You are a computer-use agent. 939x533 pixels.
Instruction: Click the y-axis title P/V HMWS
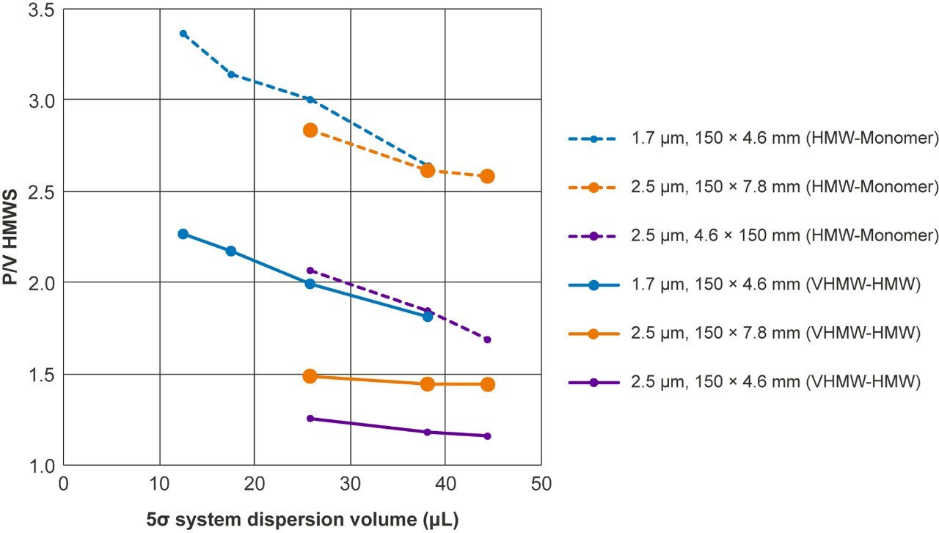point(13,238)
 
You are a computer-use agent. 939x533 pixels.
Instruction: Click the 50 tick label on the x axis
point(541,485)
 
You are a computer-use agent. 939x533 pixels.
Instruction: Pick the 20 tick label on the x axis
point(254,485)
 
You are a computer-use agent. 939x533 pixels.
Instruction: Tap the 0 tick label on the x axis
point(64,485)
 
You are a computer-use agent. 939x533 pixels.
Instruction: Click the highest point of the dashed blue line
point(183,34)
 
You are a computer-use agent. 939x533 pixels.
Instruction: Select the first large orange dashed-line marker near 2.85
point(310,130)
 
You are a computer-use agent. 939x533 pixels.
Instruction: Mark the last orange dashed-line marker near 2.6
point(487,176)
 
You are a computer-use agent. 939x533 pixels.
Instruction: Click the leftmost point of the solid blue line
point(183,234)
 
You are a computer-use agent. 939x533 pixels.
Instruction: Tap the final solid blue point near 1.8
point(428,316)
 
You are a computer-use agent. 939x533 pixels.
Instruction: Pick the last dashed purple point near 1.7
point(487,339)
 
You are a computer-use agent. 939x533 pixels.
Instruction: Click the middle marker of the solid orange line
point(428,384)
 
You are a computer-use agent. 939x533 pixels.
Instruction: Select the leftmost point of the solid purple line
point(310,419)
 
